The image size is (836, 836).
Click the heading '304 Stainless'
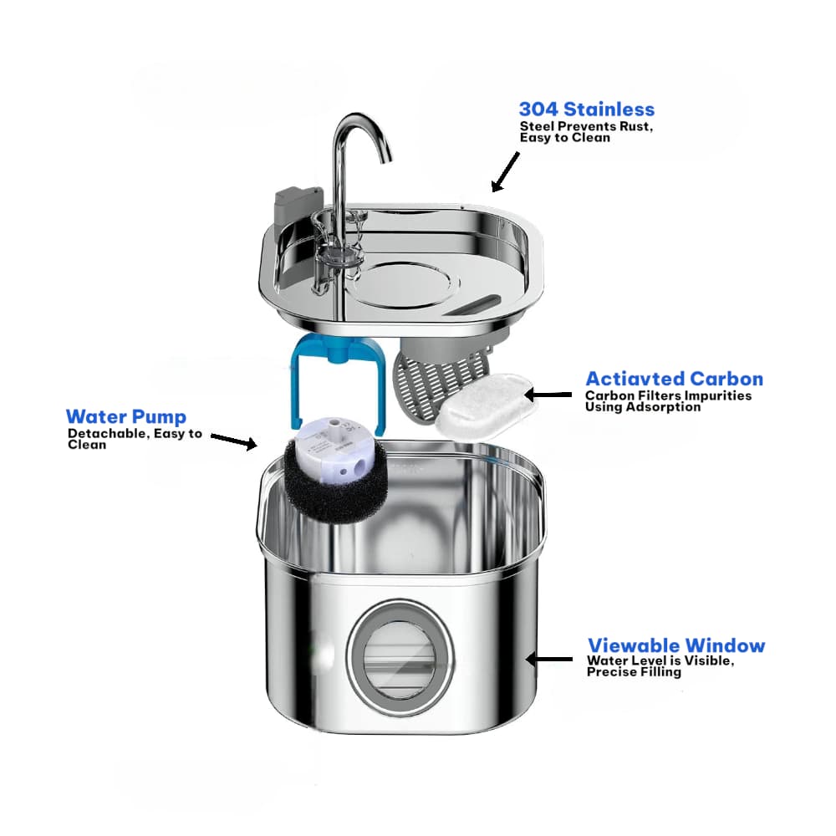(586, 110)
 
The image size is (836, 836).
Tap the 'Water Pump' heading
(125, 416)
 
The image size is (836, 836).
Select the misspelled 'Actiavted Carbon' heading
(674, 379)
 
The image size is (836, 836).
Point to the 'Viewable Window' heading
(675, 645)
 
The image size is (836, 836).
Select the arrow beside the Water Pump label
(233, 441)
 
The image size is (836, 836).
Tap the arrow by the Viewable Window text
(548, 659)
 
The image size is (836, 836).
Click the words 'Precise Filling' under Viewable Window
(634, 672)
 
